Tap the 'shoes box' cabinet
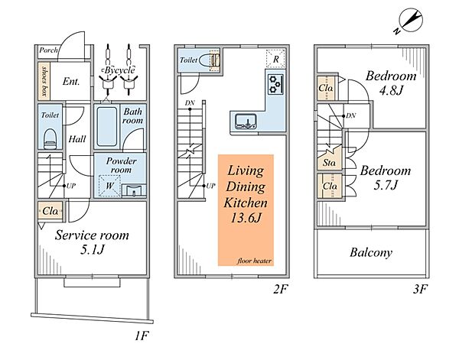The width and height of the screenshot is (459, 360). pos(44,81)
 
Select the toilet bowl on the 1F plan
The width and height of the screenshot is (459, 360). pos(50,139)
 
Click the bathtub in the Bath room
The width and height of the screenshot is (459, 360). pos(107,126)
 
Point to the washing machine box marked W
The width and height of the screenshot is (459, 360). pos(109,186)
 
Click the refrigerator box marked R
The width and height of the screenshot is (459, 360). pos(275,59)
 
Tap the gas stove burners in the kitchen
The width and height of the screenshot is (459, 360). pos(275,84)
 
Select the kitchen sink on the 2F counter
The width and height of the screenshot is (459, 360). pos(246,122)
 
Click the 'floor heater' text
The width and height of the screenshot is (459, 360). pos(254,261)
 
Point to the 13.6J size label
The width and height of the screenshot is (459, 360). pos(246,218)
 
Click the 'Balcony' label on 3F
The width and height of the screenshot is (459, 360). pos(371,252)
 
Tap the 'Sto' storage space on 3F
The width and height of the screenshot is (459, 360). pos(329,163)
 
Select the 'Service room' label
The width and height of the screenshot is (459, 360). pos(92,235)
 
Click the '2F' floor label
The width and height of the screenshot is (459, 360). pos(281,289)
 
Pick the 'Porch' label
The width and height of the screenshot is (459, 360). pos(48,50)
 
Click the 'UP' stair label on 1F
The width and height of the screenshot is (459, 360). pos(71,186)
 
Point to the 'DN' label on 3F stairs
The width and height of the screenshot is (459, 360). pos(350,115)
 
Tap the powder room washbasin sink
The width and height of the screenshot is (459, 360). pos(134,190)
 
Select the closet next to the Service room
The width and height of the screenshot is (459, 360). pos(50,211)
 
